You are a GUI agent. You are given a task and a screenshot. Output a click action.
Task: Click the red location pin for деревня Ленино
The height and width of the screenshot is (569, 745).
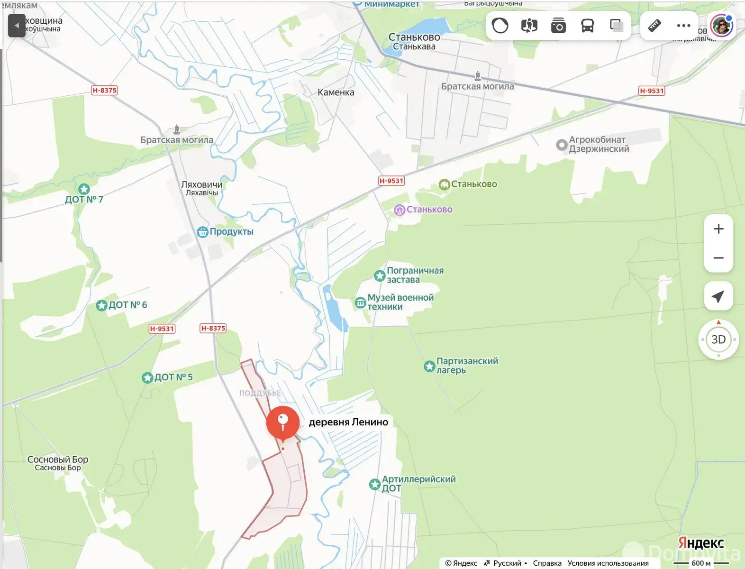pos(283,422)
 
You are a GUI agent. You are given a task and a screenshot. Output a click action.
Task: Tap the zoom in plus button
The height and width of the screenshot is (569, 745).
pos(718,229)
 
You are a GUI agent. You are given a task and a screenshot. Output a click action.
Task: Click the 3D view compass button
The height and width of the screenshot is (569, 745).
pos(718,340)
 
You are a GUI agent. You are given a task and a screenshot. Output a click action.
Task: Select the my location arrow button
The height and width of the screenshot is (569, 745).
pos(718,296)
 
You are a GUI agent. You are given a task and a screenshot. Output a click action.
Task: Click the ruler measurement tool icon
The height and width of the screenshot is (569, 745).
pos(654,26)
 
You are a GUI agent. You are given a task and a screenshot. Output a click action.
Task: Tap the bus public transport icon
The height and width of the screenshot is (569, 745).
pos(587,26)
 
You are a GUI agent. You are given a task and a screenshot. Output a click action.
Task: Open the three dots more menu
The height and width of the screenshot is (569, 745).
pos(683,26)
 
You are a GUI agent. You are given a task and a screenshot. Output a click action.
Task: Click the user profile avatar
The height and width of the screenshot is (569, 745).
pos(722,26)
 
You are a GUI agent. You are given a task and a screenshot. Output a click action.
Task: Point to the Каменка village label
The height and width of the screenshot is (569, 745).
pos(336,92)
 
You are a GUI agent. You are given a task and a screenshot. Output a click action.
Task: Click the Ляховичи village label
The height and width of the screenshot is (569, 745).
pos(201,185)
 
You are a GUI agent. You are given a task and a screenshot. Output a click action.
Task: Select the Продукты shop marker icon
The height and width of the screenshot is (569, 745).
pos(202,232)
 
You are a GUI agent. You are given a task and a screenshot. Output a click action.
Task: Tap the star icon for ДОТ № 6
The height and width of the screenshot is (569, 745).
pos(101,305)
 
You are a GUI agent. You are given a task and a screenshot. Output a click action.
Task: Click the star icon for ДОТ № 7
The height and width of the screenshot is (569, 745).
pos(84,189)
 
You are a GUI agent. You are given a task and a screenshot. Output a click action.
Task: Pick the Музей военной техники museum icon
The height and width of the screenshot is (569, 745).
pos(360,303)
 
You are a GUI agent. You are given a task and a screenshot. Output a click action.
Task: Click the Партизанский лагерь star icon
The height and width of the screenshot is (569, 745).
pos(429,366)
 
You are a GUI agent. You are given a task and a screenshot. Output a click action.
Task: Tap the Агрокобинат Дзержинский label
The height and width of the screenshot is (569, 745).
pos(599,144)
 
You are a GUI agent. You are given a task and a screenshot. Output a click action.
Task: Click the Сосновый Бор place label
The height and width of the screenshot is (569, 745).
pos(58,459)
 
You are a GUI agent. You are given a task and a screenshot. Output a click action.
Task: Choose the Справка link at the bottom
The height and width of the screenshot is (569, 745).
pos(547,563)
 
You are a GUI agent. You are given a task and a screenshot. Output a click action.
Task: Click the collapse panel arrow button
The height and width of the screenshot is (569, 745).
pos(17,26)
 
